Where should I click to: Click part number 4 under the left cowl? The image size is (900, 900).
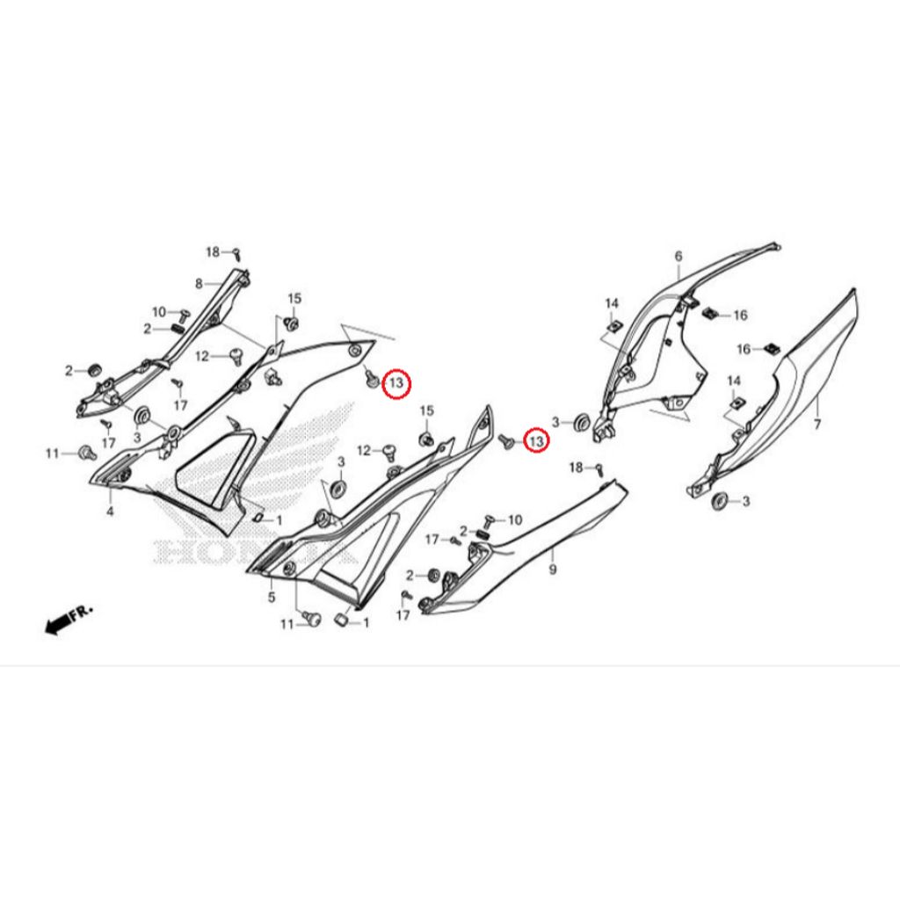(110, 511)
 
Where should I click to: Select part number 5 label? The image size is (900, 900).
(272, 598)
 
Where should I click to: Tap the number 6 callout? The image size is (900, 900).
(679, 256)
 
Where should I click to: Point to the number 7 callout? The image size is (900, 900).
(817, 425)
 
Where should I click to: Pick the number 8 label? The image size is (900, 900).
(200, 284)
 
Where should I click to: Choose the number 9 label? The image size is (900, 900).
(553, 570)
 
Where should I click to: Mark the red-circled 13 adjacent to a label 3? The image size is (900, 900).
(536, 441)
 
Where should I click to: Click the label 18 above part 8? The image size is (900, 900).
(213, 252)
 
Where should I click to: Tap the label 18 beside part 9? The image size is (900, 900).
(576, 468)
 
